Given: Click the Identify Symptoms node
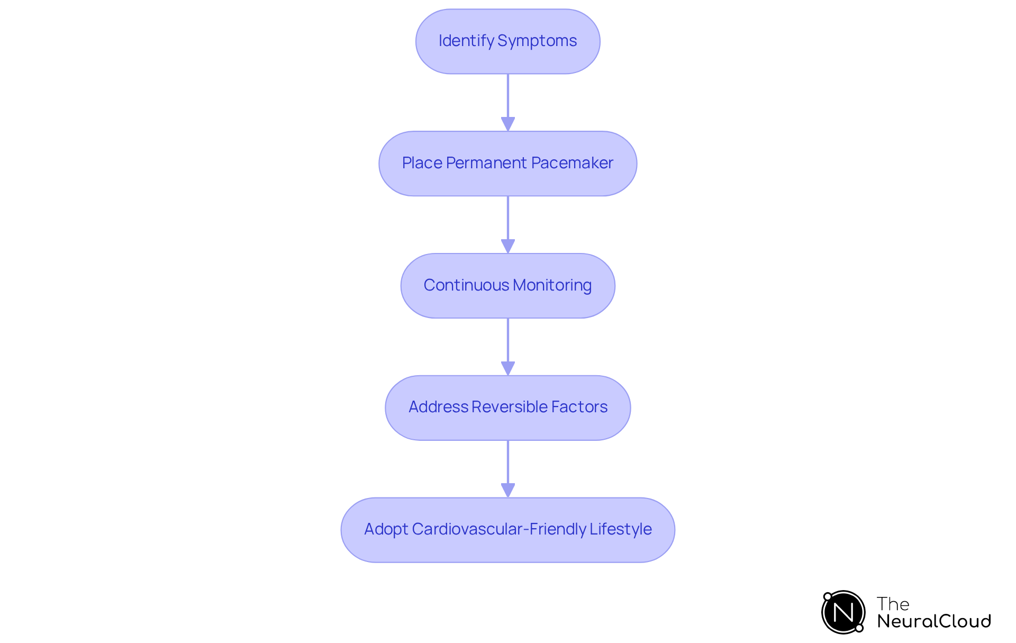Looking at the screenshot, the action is click(x=508, y=41).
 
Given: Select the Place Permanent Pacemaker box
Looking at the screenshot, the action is click(x=508, y=164).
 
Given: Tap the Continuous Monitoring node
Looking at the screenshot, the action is click(x=508, y=286).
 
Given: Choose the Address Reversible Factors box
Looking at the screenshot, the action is click(x=508, y=408).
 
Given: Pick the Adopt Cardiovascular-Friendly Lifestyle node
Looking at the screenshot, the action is click(x=508, y=530).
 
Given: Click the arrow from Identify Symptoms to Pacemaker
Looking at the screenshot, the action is click(x=508, y=103).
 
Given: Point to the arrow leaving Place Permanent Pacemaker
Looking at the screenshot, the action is click(x=508, y=225).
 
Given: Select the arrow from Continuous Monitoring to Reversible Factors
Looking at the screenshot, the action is click(x=508, y=347).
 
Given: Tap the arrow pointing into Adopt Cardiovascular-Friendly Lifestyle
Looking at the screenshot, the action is click(x=508, y=469).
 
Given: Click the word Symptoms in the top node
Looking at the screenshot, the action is click(x=537, y=41).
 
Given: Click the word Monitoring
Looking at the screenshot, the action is click(x=552, y=286).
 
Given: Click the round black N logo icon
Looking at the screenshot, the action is click(x=843, y=612).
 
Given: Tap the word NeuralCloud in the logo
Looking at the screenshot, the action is click(x=934, y=621).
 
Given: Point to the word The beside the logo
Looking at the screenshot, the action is click(x=893, y=604).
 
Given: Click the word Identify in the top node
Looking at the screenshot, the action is click(x=466, y=41).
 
